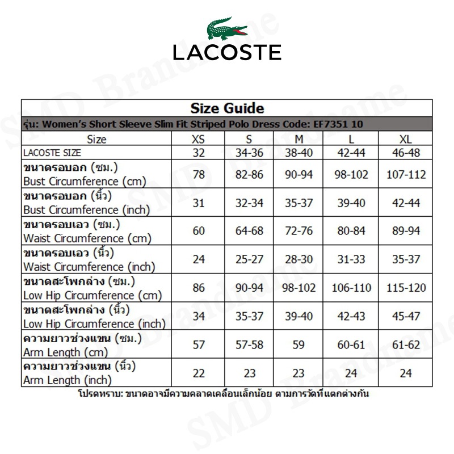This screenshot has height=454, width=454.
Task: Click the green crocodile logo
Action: point(226,28)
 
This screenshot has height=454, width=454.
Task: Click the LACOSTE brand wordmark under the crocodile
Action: point(227,52)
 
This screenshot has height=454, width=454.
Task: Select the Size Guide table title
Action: point(227,108)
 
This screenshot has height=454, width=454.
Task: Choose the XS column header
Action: point(199,139)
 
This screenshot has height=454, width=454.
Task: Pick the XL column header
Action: point(406,139)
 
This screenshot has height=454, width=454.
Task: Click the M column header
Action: point(299,139)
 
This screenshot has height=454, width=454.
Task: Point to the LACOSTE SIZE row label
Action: point(52,153)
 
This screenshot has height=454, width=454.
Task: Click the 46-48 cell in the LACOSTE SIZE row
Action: point(406,153)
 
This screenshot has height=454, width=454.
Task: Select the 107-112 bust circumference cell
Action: point(406,174)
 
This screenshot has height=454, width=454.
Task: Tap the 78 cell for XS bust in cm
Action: point(199,174)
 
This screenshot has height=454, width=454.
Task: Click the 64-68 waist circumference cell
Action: point(250,231)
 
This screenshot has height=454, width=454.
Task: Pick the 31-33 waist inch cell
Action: point(351,259)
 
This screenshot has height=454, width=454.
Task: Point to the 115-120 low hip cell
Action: point(406,288)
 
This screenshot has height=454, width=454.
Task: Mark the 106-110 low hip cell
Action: point(351,288)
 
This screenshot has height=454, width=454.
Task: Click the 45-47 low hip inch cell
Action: point(406,316)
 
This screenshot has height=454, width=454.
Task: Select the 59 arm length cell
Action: point(299,344)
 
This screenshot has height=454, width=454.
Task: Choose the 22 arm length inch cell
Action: point(199,373)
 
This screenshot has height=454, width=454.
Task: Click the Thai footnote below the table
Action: point(223,393)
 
